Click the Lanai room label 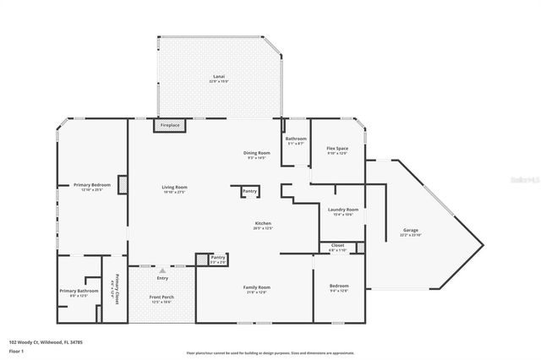coord(219,79)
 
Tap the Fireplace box coord(170,126)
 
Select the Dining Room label coord(256,154)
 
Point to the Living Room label coord(174,188)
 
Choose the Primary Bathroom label coord(79,292)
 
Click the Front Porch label coord(161,298)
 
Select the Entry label coord(162,278)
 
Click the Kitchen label coord(263,226)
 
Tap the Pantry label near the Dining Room coord(249,191)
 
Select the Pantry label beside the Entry coord(217,259)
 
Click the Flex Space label coord(337,150)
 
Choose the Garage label coord(411,231)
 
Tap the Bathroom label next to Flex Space coord(296,139)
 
